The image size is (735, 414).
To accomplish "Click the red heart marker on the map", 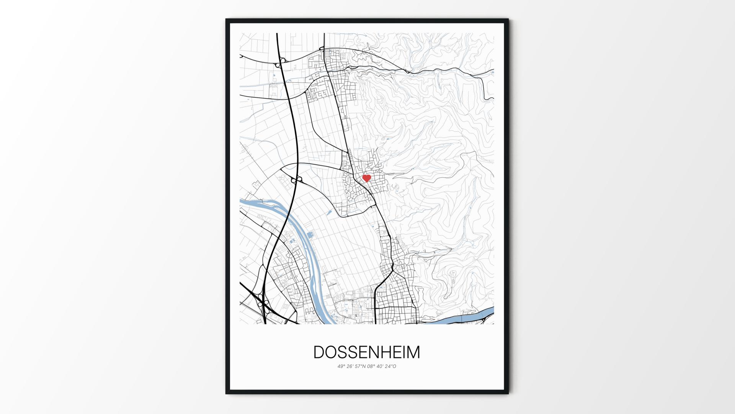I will [x=367, y=178].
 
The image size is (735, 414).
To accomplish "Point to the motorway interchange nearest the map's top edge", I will [x=282, y=60].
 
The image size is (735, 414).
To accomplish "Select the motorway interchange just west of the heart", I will [x=297, y=179].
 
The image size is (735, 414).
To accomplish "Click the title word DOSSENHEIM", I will [x=367, y=352].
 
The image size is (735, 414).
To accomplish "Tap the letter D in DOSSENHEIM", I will [x=319, y=352].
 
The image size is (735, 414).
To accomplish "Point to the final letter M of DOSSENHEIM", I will [x=413, y=352].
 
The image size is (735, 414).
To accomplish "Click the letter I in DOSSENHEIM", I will [x=403, y=352].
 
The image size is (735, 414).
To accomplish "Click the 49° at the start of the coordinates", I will [x=341, y=366].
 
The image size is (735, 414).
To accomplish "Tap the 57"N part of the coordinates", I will [x=362, y=366].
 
